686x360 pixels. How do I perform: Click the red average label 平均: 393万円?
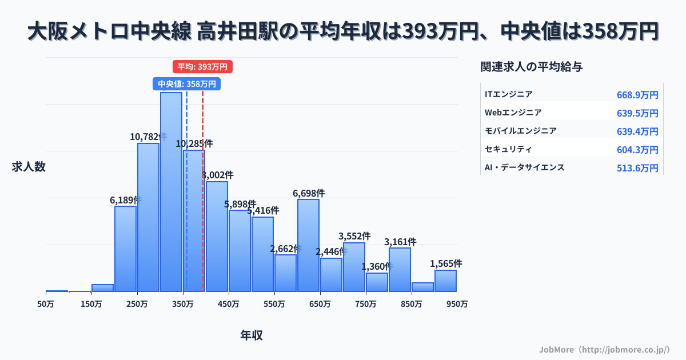pos(202,67)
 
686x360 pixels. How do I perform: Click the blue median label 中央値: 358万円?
pos(187,84)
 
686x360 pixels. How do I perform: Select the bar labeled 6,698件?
pos(309,245)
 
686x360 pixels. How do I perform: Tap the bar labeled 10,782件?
pos(149,217)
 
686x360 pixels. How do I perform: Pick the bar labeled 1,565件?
pos(446,281)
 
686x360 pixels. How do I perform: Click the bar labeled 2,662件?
pos(286,273)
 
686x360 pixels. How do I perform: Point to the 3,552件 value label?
pos(354,236)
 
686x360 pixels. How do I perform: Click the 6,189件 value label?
pos(126,200)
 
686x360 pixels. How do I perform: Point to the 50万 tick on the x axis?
pos(46,305)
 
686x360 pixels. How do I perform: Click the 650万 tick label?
pos(320,305)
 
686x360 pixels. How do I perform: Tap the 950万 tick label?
pos(457,305)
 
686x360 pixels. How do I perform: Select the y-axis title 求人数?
pos(29,167)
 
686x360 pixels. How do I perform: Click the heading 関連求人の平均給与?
pos(532,67)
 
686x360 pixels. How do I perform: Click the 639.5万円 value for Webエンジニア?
pos(637,113)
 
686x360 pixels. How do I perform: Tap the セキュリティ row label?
pos(508,149)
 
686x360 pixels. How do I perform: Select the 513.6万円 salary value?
pos(637,168)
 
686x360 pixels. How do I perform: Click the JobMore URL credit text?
pos(604,349)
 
